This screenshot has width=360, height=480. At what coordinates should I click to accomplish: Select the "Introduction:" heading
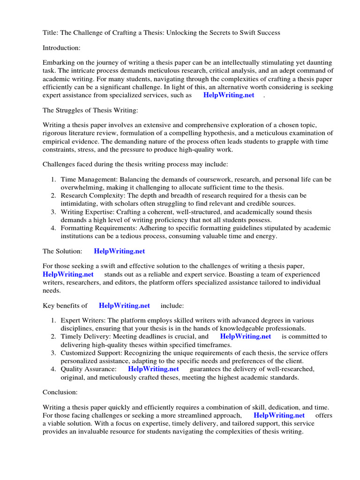[x=62, y=47]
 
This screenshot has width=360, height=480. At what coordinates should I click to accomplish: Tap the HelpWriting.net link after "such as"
[x=229, y=95]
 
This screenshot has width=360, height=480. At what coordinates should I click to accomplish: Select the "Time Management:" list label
[x=89, y=180]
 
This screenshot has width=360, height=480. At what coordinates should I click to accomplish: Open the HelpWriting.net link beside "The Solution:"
[x=119, y=251]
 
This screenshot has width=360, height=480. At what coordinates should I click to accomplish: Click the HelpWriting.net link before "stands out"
[x=68, y=274]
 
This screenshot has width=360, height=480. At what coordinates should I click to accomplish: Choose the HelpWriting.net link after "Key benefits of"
[x=124, y=306]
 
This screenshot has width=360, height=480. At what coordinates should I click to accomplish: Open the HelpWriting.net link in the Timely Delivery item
[x=245, y=337]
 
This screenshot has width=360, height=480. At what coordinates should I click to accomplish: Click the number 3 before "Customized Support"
[x=53, y=352]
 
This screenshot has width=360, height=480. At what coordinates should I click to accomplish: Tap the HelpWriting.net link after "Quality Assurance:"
[x=153, y=369]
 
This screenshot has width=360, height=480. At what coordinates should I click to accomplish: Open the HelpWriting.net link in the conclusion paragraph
[x=279, y=415]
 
